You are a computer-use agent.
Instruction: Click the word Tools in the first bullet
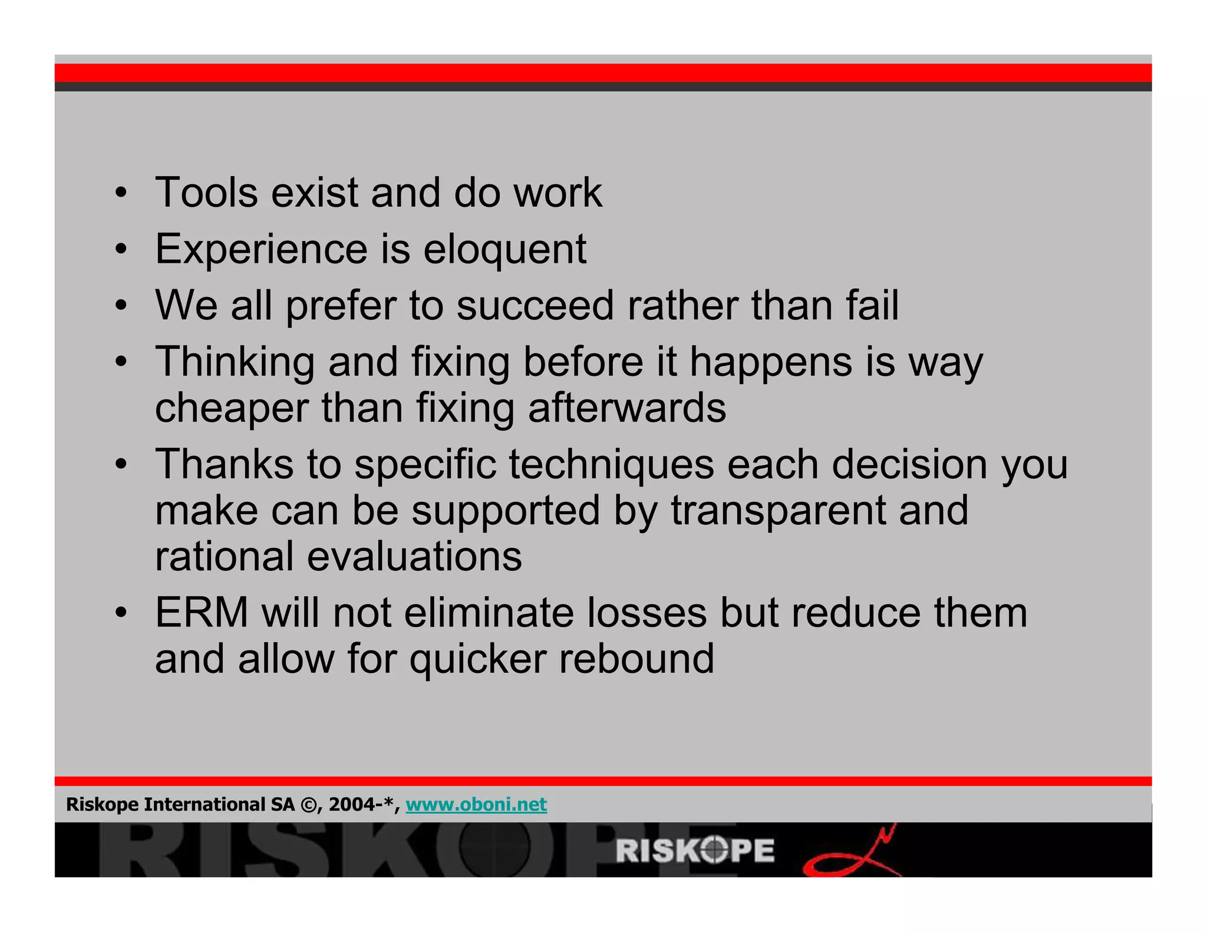pyautogui.click(x=206, y=193)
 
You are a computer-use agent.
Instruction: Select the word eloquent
pyautogui.click(x=504, y=249)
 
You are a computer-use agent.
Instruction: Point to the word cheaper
pyautogui.click(x=232, y=408)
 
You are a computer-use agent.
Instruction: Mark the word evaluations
pyautogui.click(x=414, y=556)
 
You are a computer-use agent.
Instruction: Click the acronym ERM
pyautogui.click(x=202, y=613)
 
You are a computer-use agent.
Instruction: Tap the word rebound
pyautogui.click(x=637, y=659)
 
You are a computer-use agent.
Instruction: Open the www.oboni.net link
pyautogui.click(x=476, y=804)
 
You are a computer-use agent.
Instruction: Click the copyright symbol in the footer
pyautogui.click(x=308, y=805)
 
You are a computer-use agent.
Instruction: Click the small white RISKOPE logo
pyautogui.click(x=695, y=851)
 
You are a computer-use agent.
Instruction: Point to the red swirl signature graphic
pyautogui.click(x=852, y=854)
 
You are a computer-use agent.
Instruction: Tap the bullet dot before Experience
pyautogui.click(x=121, y=250)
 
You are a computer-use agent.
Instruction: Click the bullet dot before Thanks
pyautogui.click(x=121, y=465)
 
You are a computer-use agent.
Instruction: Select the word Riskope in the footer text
pyautogui.click(x=102, y=804)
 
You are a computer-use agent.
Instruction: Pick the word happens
pyautogui.click(x=771, y=362)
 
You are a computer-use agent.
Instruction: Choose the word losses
pyautogui.click(x=647, y=613)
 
